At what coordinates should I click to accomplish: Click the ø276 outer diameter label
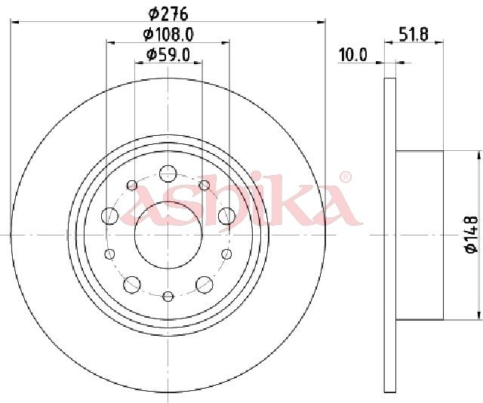[x=168, y=14]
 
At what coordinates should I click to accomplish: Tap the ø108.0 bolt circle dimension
[x=168, y=34]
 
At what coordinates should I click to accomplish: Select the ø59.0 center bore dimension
[x=168, y=55]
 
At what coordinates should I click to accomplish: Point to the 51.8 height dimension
[x=414, y=34]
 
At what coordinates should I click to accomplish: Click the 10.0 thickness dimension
[x=353, y=55]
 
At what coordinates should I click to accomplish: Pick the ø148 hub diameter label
[x=472, y=235]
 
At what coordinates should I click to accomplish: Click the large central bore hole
[x=168, y=235]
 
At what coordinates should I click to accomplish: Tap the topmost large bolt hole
[x=168, y=174]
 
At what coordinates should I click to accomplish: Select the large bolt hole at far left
[x=109, y=216]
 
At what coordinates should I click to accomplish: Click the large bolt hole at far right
[x=226, y=216]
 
